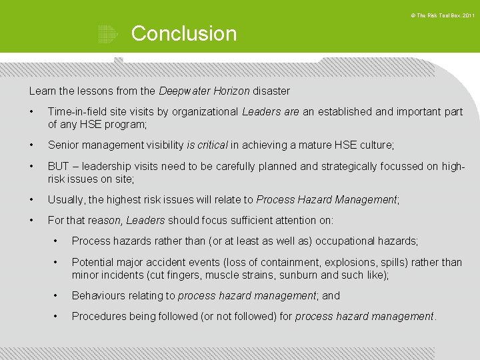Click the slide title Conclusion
point(184,33)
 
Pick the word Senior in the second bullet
point(63,145)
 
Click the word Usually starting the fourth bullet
point(67,199)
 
